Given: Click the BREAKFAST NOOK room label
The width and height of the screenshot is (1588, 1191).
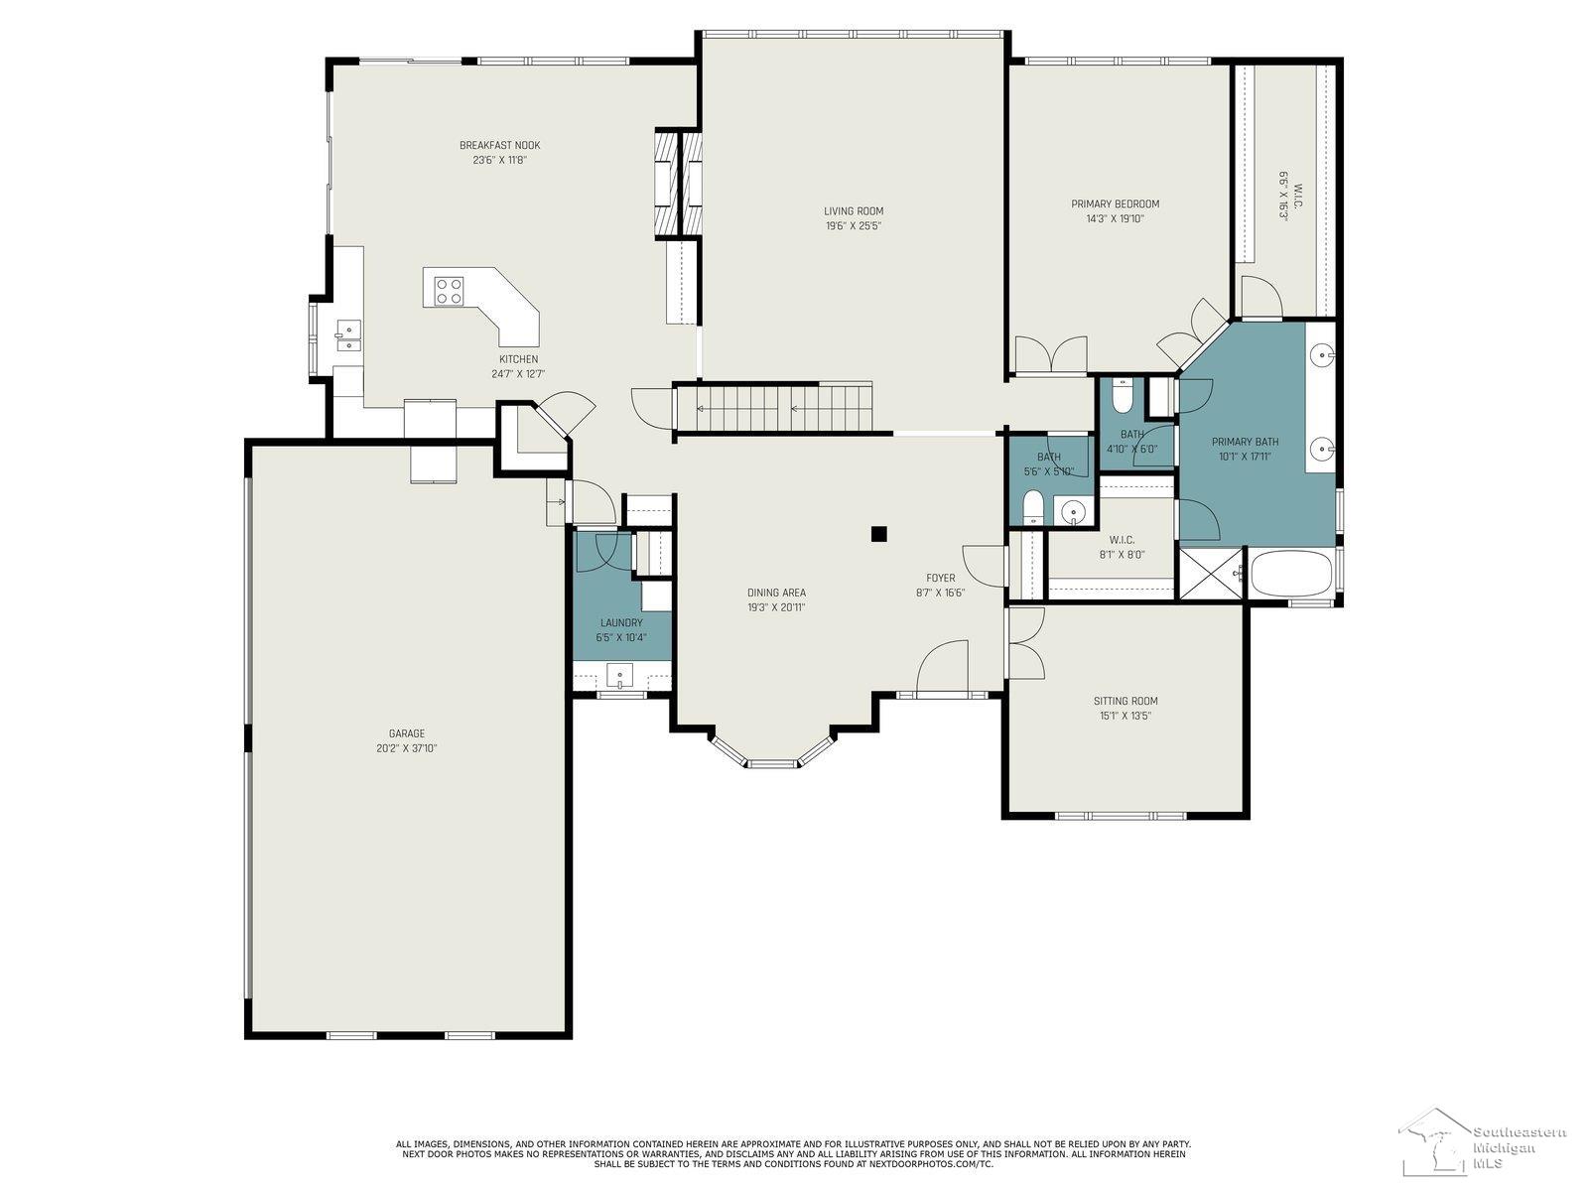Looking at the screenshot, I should (499, 145).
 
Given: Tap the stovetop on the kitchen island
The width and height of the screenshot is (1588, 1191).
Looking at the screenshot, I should (449, 289).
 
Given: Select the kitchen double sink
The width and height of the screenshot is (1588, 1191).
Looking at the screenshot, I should (347, 335).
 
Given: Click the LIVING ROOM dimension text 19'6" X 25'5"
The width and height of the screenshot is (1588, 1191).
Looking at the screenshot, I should (853, 226).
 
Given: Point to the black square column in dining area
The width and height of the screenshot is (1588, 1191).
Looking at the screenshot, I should (878, 534).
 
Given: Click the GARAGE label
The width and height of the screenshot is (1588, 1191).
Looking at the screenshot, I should (407, 733).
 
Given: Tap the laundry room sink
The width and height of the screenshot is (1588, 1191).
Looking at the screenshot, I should (619, 678).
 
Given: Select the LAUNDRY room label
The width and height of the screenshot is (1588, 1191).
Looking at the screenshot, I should (621, 622).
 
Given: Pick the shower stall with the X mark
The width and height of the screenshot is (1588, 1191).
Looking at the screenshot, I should (1210, 574).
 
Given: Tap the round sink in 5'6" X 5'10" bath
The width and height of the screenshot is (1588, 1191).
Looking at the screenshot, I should (1071, 512).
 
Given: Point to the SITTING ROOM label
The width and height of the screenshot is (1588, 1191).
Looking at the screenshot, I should (1125, 701).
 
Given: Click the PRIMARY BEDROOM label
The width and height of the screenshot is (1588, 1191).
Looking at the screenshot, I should (1115, 203).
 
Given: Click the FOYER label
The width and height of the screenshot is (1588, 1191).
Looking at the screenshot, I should (940, 578).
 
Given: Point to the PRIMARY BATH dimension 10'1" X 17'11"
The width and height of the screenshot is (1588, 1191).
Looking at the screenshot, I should (1245, 458).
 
